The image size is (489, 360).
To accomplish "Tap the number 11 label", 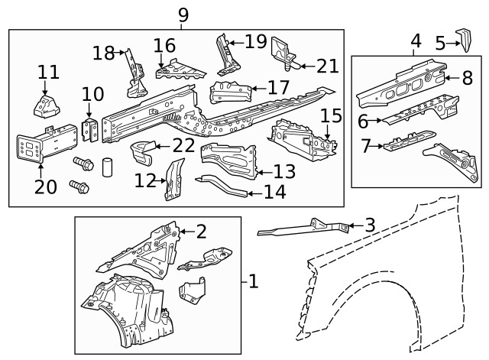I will (x=48, y=72).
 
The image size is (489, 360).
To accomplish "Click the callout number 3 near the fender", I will (x=370, y=225).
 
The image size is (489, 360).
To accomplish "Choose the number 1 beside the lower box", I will (x=253, y=282).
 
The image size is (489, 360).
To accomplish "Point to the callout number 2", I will (x=201, y=231).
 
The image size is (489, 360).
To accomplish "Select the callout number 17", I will (x=278, y=88).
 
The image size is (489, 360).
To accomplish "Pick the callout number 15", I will (x=330, y=116).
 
